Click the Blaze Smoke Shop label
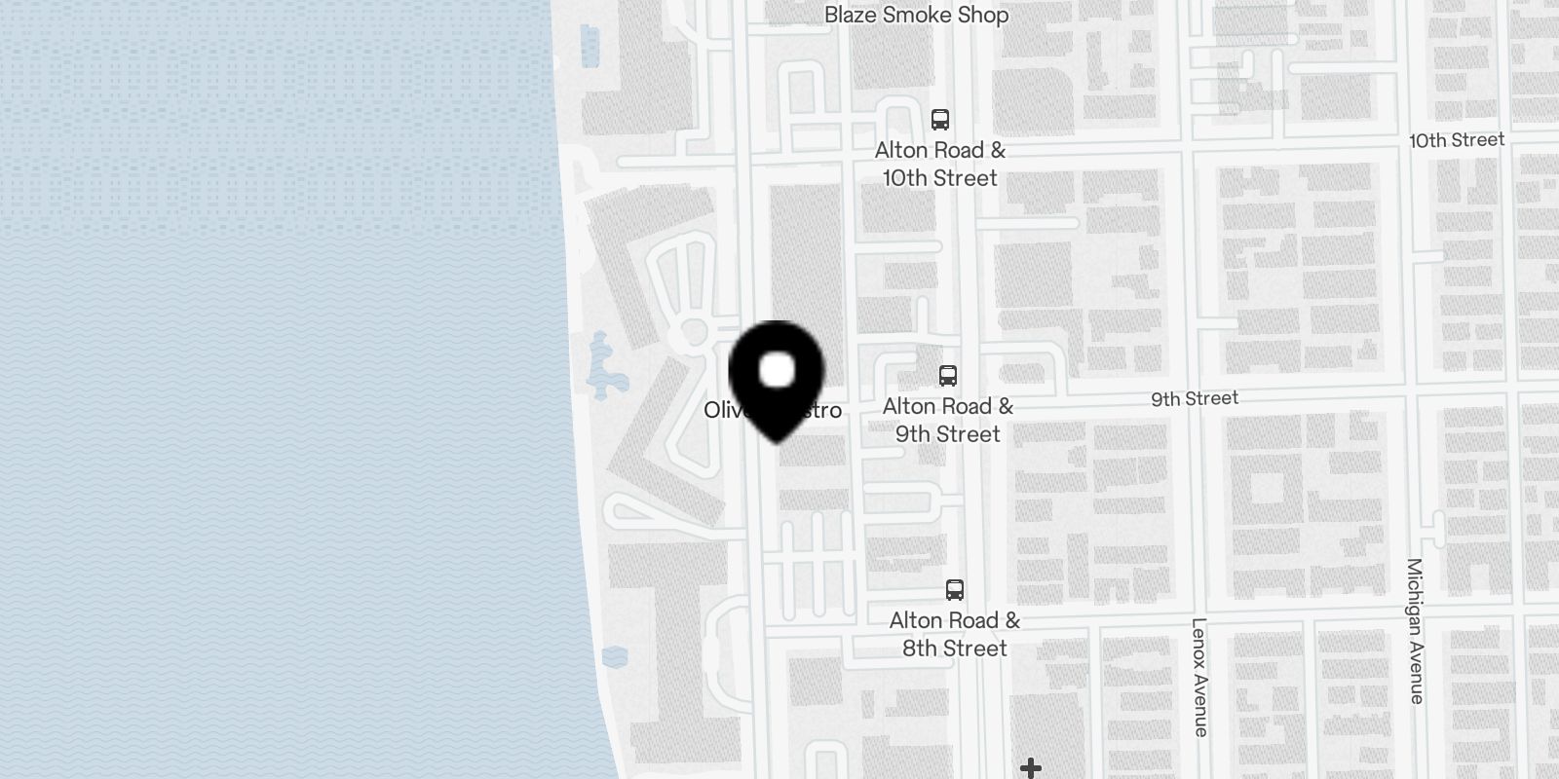916,15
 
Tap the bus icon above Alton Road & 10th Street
940,120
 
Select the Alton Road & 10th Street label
940,164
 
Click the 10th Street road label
1457,140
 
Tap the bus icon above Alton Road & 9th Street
947,375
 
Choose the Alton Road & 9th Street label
948,420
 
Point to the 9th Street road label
1195,398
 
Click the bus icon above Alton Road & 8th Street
955,589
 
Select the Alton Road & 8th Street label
955,634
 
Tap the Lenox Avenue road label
1199,677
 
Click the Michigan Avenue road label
1416,631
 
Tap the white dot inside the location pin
777,370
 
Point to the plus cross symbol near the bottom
1030,768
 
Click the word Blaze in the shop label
851,15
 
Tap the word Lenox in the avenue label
1199,648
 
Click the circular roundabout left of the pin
695,333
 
